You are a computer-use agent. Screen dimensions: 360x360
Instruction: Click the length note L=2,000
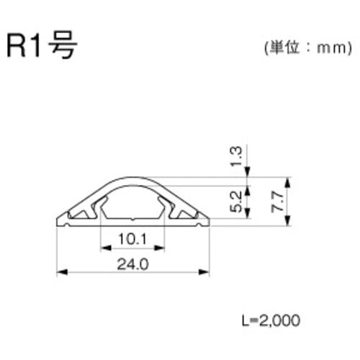click(269, 317)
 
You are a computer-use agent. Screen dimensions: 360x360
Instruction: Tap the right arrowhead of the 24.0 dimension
click(209, 272)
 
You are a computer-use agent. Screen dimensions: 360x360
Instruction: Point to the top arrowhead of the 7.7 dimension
click(287, 180)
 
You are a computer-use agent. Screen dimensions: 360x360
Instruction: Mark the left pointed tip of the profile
click(58, 222)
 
